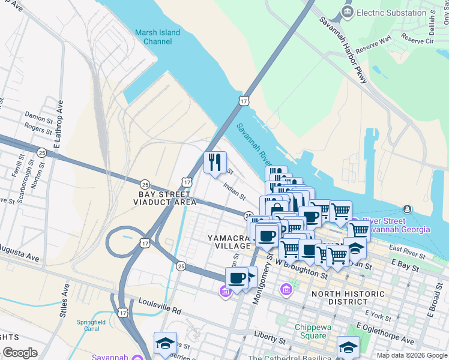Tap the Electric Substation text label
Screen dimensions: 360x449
coord(391,13)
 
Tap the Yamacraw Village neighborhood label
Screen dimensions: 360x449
coord(229,242)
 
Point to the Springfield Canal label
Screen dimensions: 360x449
coord(91,326)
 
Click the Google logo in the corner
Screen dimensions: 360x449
coord(20,353)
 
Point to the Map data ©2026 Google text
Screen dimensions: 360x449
coord(412,355)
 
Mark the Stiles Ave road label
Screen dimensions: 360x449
coord(64,300)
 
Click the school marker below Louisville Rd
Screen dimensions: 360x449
coord(165,343)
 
